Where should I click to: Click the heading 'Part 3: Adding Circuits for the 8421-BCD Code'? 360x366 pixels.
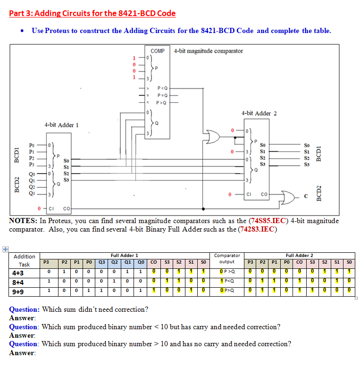click(x=92, y=13)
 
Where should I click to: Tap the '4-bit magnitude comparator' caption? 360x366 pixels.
click(x=209, y=50)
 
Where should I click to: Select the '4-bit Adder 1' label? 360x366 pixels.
click(x=61, y=125)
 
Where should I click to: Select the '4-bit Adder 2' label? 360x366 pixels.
click(x=259, y=113)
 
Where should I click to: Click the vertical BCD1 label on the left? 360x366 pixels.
click(x=17, y=155)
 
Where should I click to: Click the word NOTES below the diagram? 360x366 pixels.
click(x=23, y=221)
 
